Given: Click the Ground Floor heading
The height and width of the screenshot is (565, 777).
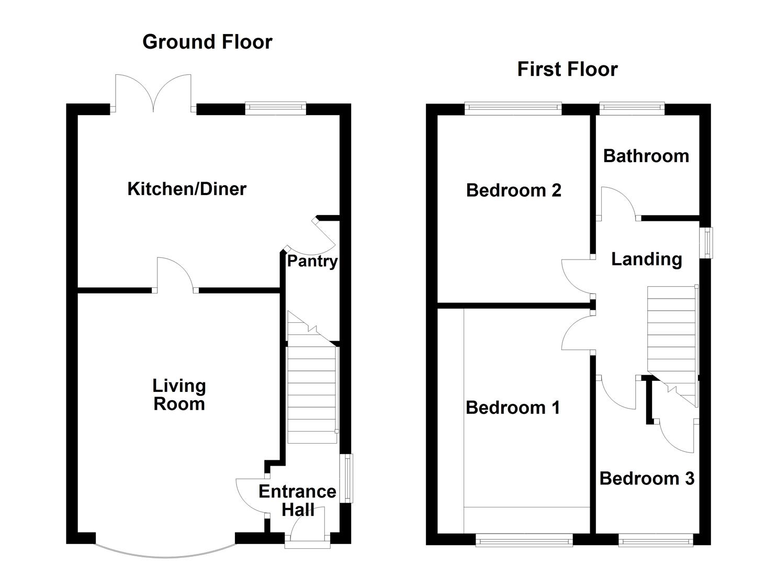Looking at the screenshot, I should pyautogui.click(x=207, y=42).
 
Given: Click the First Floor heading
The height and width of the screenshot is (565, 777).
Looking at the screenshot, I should pyautogui.click(x=567, y=69).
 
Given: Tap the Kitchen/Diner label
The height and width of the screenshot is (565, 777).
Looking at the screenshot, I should pyautogui.click(x=187, y=189).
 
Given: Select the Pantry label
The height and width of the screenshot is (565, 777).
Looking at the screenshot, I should pyautogui.click(x=312, y=261).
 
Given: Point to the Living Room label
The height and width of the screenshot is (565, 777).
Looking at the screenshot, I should pyautogui.click(x=179, y=395).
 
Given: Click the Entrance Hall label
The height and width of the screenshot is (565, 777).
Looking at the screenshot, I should pyautogui.click(x=297, y=500).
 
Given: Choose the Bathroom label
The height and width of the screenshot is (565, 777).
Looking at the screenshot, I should pyautogui.click(x=646, y=156).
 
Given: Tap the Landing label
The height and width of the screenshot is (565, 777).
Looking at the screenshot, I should pyautogui.click(x=647, y=259).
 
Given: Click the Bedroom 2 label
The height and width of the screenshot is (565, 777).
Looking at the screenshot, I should pyautogui.click(x=513, y=190).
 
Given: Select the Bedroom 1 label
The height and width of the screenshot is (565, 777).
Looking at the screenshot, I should pyautogui.click(x=513, y=407).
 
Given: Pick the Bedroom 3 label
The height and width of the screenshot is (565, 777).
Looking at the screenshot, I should pyautogui.click(x=647, y=478).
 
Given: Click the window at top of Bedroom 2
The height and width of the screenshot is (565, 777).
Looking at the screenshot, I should pyautogui.click(x=513, y=109).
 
